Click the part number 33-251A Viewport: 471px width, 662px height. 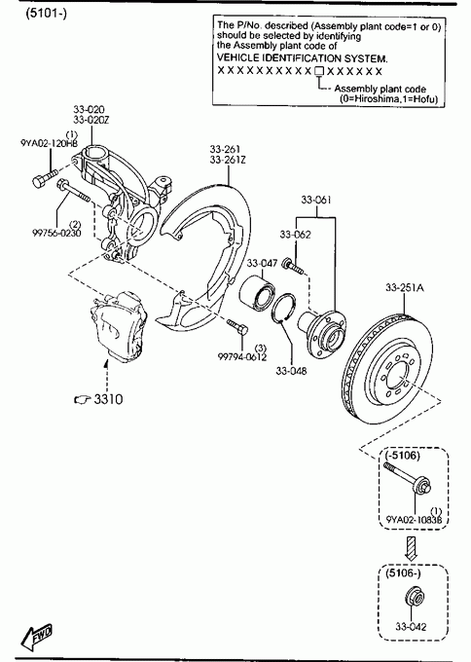(404, 288)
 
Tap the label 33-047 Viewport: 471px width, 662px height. (262, 264)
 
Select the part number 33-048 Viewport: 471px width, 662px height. (291, 371)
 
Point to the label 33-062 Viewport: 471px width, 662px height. (295, 235)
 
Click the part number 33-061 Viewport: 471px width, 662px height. (316, 200)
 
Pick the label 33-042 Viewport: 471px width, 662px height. (411, 627)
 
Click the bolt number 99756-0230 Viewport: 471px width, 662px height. (56, 233)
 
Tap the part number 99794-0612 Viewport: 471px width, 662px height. (242, 357)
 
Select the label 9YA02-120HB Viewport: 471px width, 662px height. (49, 143)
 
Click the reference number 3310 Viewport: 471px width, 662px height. (108, 399)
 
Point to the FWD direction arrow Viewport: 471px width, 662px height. (37, 637)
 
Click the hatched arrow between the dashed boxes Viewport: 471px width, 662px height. (411, 548)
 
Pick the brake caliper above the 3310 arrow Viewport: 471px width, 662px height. (119, 326)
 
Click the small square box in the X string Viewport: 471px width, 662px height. (319, 71)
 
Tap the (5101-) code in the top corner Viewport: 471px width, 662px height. (46, 14)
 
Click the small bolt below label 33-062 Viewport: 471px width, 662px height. (294, 265)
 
